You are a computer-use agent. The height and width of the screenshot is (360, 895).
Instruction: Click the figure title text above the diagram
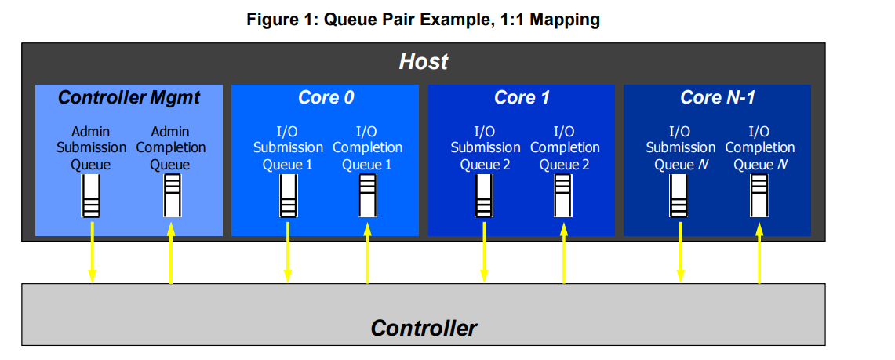[x=424, y=20]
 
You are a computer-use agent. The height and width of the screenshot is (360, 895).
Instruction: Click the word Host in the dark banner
[x=424, y=61]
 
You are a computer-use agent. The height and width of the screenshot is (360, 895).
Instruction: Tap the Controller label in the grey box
[x=424, y=327]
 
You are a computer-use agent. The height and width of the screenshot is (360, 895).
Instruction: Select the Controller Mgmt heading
[x=129, y=97]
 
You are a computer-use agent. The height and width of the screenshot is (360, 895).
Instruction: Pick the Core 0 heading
[x=326, y=97]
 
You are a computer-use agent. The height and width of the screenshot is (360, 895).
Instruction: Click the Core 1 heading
[x=522, y=97]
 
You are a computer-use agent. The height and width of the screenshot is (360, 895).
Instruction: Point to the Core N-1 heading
[x=718, y=97]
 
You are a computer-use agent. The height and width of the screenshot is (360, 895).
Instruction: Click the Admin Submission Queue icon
[x=92, y=195]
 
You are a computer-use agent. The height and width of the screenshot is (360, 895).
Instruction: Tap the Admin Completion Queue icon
[x=171, y=195]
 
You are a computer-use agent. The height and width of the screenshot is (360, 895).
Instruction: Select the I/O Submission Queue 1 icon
[x=288, y=195]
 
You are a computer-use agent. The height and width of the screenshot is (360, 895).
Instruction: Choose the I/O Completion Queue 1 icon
[x=367, y=195]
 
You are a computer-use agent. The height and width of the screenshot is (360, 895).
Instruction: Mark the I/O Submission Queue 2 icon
[x=484, y=195]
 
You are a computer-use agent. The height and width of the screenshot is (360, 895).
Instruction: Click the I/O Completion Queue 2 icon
[x=563, y=195]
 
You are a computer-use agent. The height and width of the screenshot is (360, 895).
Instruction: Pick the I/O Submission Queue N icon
[x=680, y=195]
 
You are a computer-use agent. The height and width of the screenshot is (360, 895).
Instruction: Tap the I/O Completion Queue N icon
[x=759, y=195]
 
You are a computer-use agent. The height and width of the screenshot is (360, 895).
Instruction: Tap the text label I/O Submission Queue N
[x=680, y=147]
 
